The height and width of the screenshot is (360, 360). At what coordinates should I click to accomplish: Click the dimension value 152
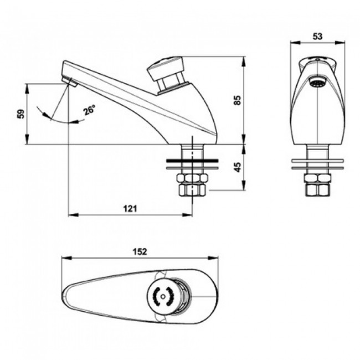click(x=140, y=252)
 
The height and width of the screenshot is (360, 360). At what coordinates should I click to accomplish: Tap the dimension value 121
click(x=129, y=208)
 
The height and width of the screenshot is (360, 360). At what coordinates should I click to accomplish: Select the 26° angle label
click(x=89, y=110)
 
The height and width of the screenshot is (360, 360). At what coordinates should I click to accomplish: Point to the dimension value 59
click(x=20, y=114)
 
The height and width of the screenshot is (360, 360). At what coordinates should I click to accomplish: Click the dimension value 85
click(x=237, y=100)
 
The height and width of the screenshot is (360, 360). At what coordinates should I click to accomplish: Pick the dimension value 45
click(x=237, y=167)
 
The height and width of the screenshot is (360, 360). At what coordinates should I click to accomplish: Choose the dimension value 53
click(x=317, y=36)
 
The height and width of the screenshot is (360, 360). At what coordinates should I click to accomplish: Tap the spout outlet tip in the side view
click(x=69, y=82)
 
